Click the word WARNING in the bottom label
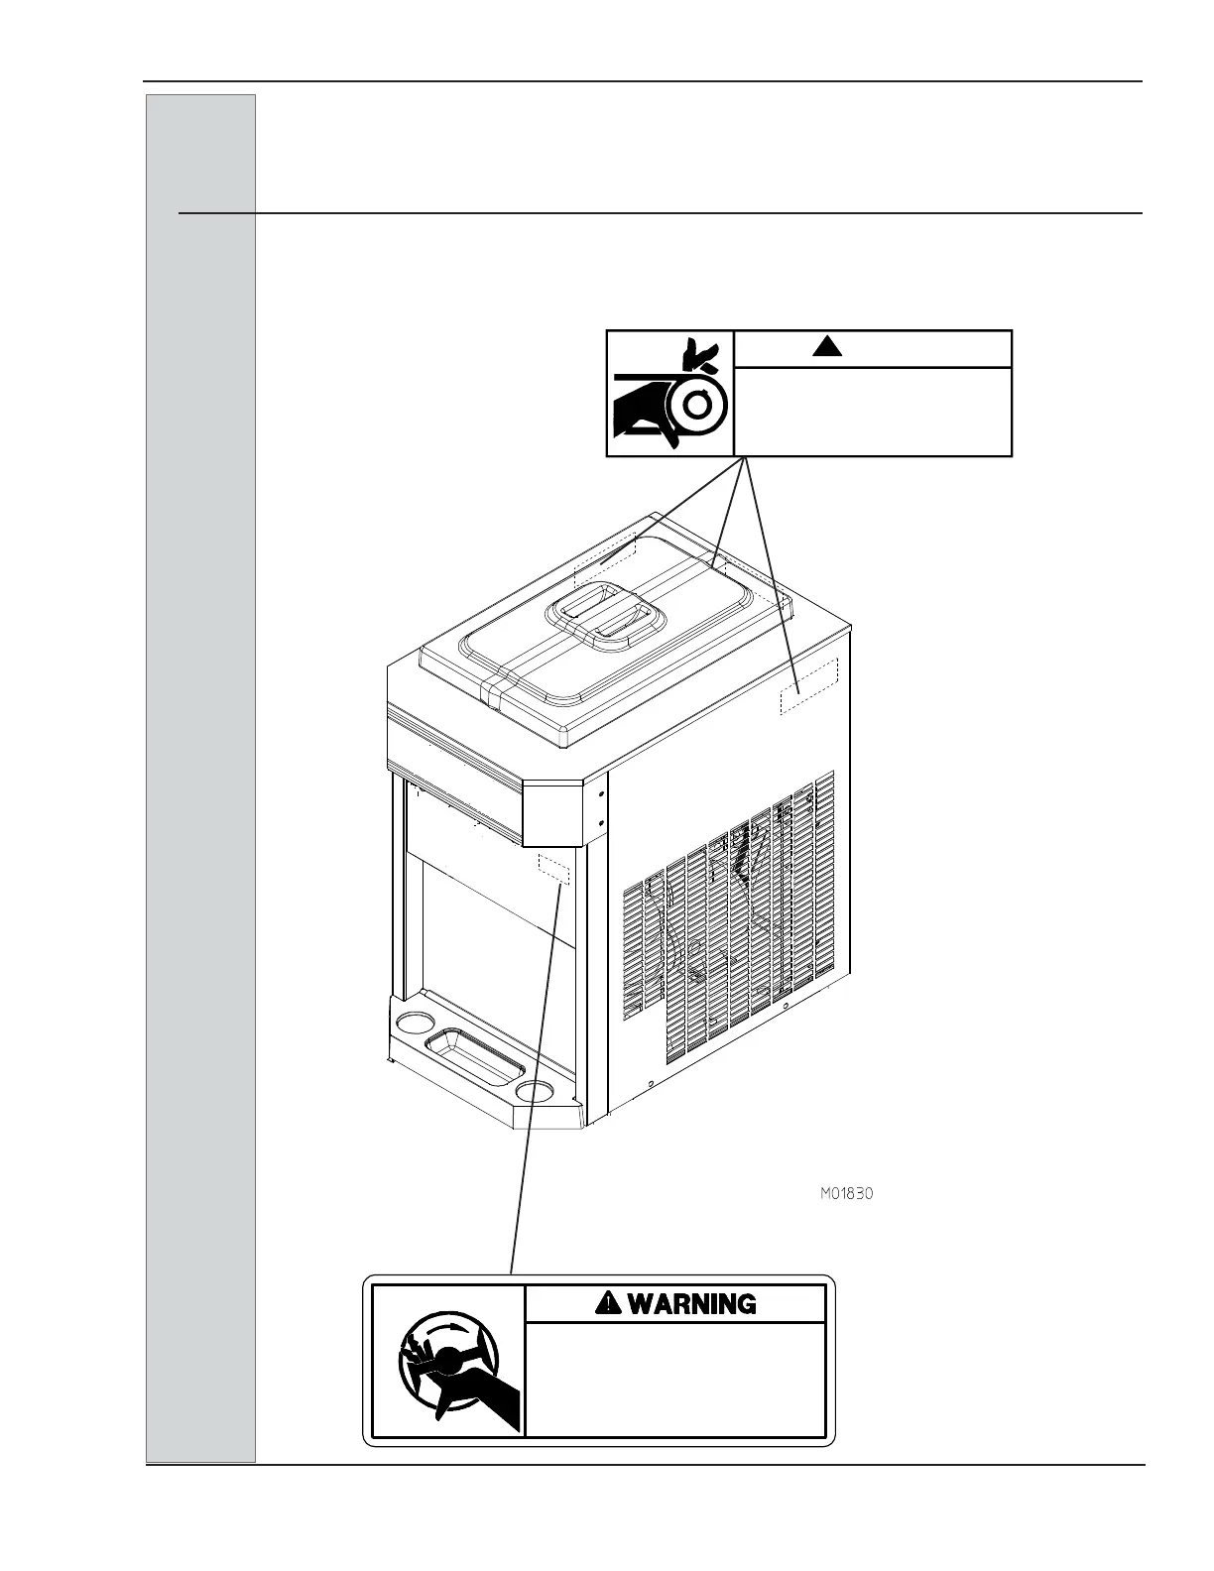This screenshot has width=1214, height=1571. [691, 1303]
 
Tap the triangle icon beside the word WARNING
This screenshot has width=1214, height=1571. [608, 1303]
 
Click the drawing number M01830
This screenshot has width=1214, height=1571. [846, 1194]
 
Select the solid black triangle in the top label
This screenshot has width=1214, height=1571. [826, 346]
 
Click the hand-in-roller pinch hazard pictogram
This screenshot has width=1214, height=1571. [669, 394]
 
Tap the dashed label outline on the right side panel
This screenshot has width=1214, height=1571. [808, 685]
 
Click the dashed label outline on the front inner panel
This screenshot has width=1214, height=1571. [552, 868]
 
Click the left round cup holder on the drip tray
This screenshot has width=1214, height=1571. [410, 1023]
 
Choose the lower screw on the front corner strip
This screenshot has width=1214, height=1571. [602, 822]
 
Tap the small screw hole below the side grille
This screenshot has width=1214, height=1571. [648, 1083]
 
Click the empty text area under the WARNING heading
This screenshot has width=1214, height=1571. [674, 1379]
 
